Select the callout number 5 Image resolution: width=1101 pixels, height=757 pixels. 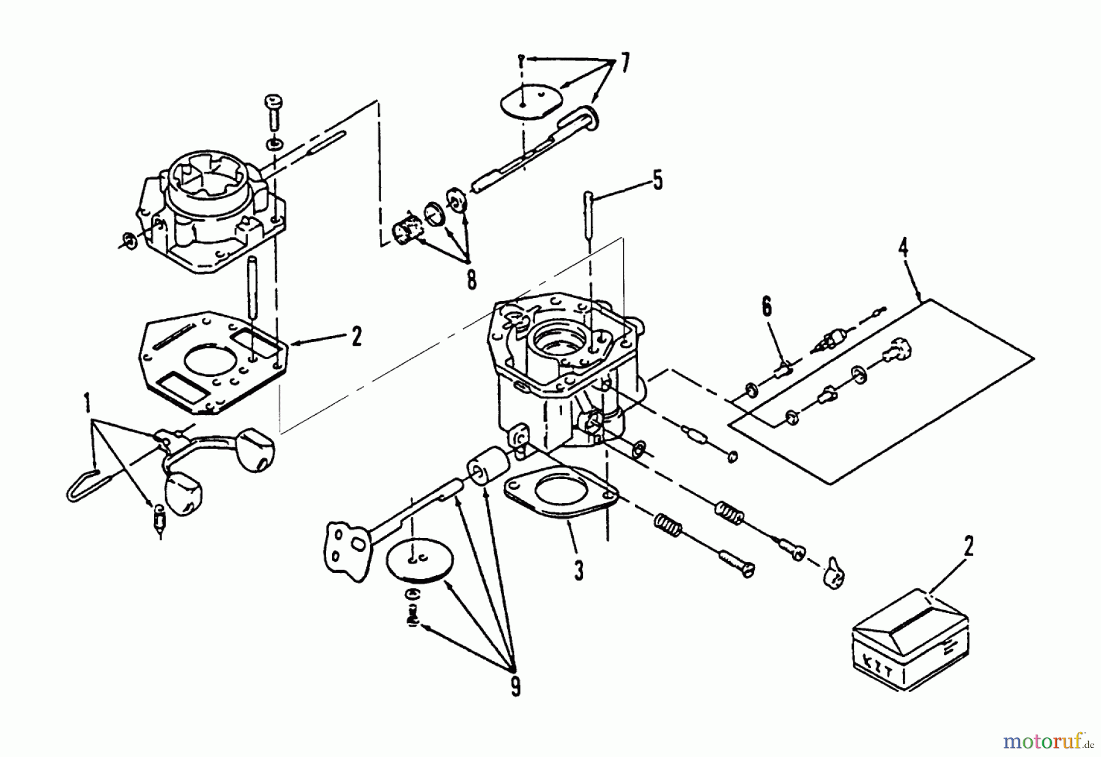click(657, 182)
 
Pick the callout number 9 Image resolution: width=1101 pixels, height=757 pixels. click(516, 687)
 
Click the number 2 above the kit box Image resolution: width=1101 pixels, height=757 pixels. click(968, 546)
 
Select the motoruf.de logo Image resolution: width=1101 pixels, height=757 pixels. click(1047, 742)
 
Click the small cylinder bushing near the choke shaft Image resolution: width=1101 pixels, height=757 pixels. click(486, 469)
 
